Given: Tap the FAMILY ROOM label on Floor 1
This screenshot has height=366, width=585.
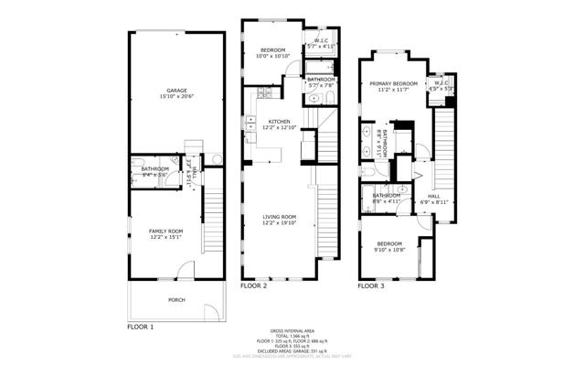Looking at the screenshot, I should click(166, 231).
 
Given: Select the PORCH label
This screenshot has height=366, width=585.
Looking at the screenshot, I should click(175, 299).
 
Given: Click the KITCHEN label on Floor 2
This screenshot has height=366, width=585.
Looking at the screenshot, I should click(279, 121).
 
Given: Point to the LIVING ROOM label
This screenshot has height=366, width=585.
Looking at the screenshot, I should click(279, 216).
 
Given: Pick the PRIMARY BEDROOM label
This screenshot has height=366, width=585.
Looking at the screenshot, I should click(393, 84).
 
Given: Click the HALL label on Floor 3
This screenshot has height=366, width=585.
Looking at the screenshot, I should click(434, 195).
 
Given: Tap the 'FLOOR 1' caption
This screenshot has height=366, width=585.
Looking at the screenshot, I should click(140, 326).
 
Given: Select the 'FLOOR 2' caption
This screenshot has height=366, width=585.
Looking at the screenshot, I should click(253, 286).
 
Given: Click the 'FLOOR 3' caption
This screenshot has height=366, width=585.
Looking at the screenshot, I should click(370, 286).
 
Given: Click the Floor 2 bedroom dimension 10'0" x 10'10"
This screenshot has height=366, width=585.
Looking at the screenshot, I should click(273, 56).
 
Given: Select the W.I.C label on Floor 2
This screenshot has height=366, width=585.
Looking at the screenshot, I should click(321, 40).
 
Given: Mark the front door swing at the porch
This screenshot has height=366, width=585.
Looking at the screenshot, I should click(186, 271).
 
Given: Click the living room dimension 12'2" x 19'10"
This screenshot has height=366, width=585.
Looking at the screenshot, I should click(279, 222).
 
